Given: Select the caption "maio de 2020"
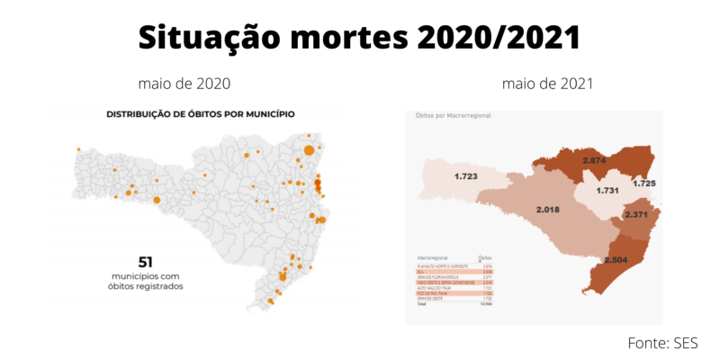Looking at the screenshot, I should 184,84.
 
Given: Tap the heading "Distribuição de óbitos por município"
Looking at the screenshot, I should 201,114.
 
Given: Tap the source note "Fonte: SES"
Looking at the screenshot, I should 662,343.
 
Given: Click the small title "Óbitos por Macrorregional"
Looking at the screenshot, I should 452,116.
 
